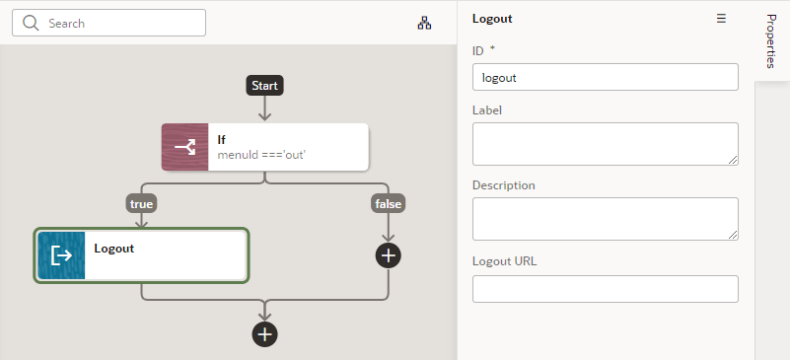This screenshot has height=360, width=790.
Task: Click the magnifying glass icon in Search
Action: [31, 23]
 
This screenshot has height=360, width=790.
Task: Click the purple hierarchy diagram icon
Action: [425, 23]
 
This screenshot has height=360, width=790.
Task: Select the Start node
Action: [264, 86]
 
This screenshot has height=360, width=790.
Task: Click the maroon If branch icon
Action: [185, 147]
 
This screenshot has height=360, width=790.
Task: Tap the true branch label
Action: [142, 203]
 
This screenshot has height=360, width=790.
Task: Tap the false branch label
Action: [389, 203]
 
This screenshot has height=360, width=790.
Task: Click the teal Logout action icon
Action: [61, 255]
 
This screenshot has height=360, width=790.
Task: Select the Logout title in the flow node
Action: [114, 249]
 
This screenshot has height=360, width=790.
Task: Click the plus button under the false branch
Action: [389, 255]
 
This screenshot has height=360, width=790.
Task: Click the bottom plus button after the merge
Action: [264, 334]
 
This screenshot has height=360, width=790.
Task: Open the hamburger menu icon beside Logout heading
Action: [721, 19]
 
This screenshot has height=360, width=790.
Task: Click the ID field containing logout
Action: [606, 77]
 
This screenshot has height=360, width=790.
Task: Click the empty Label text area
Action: [606, 144]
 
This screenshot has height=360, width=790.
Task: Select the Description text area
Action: [606, 219]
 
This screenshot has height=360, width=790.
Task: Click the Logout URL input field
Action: [606, 289]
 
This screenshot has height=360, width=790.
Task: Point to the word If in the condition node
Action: [222, 140]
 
